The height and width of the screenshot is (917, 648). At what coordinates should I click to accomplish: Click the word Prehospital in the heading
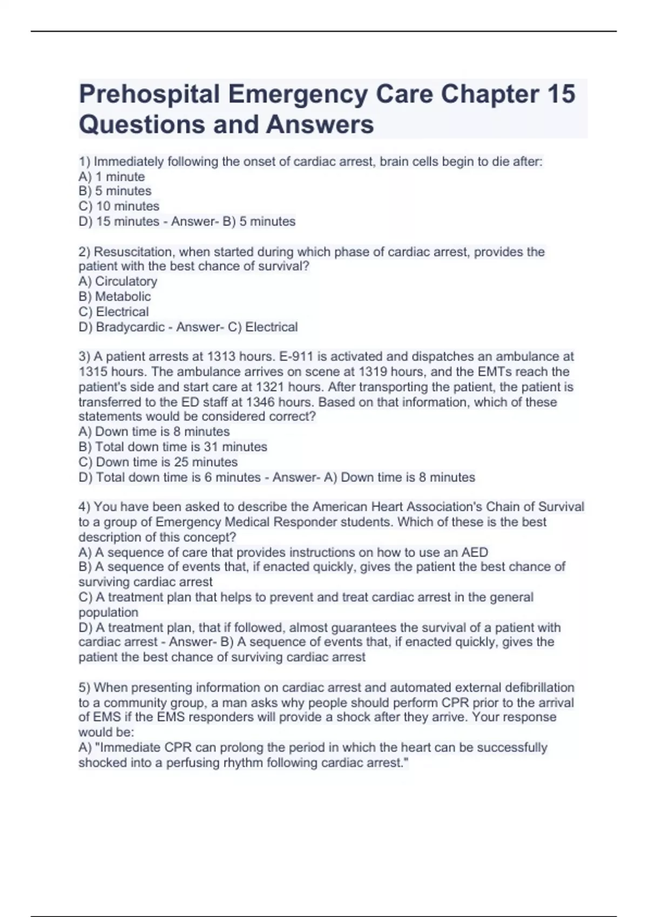click(x=150, y=94)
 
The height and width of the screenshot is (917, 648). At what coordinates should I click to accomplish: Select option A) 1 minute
click(x=112, y=176)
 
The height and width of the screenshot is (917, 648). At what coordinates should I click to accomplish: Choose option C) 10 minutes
click(x=119, y=206)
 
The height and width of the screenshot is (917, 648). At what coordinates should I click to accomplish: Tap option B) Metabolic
click(x=114, y=296)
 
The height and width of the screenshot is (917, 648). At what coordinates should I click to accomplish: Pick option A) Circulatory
click(x=118, y=281)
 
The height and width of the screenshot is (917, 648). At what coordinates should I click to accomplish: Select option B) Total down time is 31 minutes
click(x=173, y=447)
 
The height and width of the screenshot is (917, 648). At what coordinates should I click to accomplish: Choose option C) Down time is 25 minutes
click(x=158, y=462)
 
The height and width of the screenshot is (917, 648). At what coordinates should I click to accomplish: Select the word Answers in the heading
click(x=320, y=124)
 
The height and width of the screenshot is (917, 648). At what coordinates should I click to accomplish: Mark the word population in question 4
click(x=108, y=612)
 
